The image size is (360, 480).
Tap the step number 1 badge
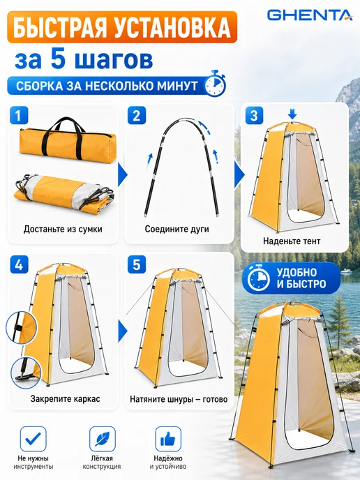pos(19,115)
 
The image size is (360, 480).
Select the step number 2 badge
pos(137,115)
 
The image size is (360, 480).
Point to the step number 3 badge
pos(254,115)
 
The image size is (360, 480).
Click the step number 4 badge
pos(19,264)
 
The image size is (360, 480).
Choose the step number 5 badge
pos(137,264)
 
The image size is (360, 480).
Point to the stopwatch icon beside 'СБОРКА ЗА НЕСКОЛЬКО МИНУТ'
pos(215,84)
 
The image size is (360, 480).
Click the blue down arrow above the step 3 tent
pos(292,115)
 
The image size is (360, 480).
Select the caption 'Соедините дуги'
pos(177,229)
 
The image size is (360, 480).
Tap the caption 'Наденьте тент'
pos(292,241)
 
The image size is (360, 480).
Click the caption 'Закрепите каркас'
pos(65,399)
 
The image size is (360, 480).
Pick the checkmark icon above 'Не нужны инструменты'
pos(33,439)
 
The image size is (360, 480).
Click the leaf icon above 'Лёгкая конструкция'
pos(103,439)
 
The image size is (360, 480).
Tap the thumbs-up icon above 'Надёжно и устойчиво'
pos(168,439)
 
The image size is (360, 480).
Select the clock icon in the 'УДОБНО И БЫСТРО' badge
pos(259,278)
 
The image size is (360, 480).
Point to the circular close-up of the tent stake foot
pos(26,373)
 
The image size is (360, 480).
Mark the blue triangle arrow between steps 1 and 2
pos(123,175)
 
